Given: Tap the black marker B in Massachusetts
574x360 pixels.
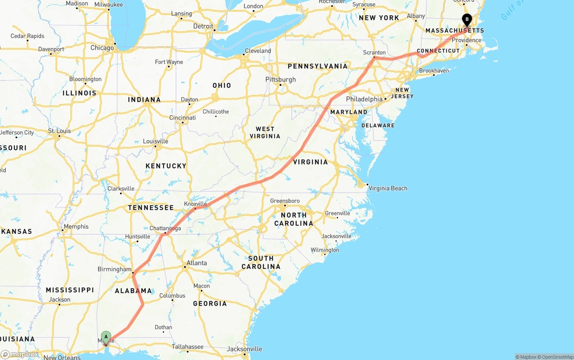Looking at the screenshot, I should [467, 20].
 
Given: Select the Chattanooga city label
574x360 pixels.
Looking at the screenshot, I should [165, 228].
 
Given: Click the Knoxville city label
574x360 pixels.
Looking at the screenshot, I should [196, 204].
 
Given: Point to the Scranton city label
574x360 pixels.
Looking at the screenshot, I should [374, 52].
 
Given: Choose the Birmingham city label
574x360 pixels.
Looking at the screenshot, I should [114, 269].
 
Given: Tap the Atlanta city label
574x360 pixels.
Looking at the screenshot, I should [196, 263].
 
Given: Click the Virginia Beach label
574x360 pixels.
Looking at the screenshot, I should [387, 188].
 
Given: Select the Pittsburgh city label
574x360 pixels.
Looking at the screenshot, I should [280, 79].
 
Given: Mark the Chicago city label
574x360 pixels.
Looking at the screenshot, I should [102, 48].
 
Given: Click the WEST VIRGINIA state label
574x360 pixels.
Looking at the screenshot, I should [265, 132].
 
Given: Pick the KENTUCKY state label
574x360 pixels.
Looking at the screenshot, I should [165, 166].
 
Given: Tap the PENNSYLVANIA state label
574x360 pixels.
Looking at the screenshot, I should [317, 66].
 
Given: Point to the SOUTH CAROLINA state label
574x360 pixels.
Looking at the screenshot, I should [261, 262].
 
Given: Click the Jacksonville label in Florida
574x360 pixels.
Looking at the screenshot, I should [244, 349].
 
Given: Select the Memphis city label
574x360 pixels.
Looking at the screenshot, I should [76, 226].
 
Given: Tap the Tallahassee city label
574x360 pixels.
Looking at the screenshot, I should [188, 347].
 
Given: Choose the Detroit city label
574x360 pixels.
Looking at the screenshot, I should [203, 26].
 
